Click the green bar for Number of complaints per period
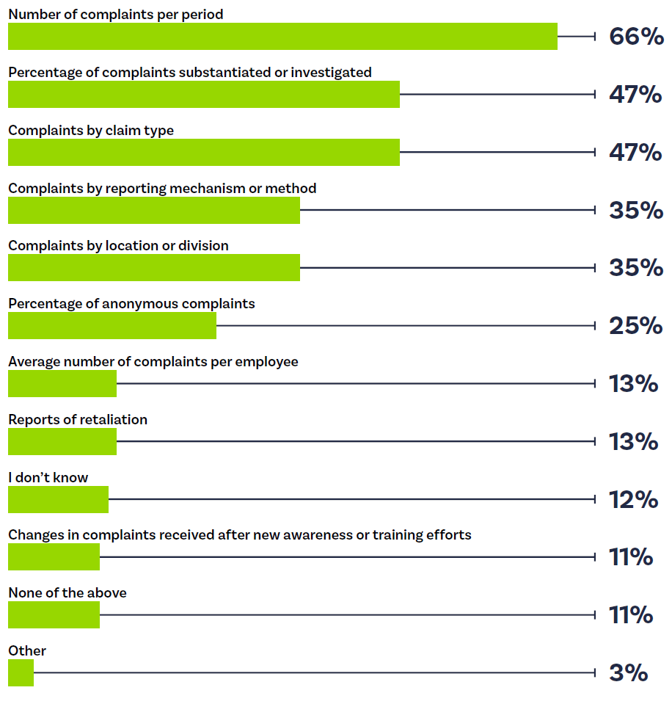coord(282,36)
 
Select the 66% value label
coord(635,37)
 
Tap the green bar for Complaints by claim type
coord(204,152)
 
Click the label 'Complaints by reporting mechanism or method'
coord(162,189)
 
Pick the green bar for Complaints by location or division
coord(154,268)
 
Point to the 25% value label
coord(635,326)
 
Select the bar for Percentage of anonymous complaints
coord(112,325)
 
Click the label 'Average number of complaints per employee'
coord(153,362)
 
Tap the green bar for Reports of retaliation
coord(62,441)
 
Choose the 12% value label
coord(633,500)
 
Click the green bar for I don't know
coord(58,499)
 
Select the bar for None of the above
coord(54,614)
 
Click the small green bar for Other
coord(21,672)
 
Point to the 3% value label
coord(628,673)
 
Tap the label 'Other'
coord(27,651)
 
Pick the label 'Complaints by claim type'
coord(91,131)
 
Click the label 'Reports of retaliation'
coord(78,420)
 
